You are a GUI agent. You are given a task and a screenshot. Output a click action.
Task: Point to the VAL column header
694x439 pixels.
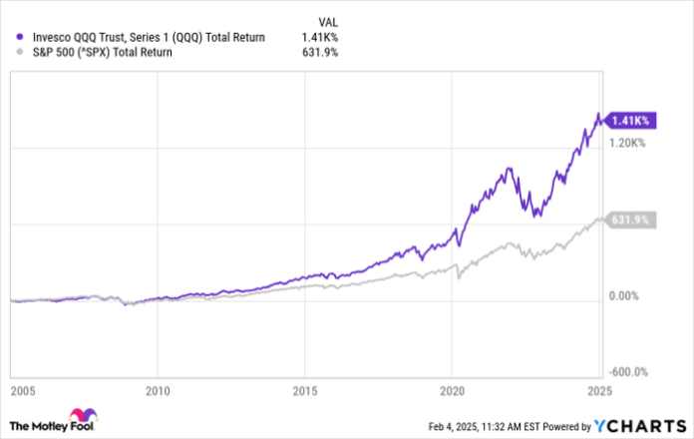327,19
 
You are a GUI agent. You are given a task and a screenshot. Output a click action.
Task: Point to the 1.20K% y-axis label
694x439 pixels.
628,144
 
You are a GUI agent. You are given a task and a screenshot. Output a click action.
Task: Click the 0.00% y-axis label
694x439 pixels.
626,296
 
